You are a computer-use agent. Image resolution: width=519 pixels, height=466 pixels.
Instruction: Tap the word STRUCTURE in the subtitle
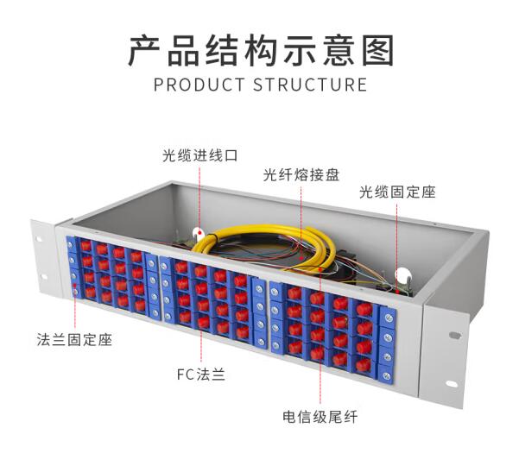coord(310,85)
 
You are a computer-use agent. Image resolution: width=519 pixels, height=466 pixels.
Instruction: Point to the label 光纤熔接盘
coord(301,174)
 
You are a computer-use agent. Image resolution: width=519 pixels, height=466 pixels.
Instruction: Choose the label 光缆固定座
coord(397,192)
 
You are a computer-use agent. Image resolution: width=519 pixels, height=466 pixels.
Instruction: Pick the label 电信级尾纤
coord(320,417)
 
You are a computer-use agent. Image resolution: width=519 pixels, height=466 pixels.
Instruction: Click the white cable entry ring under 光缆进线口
coord(198,233)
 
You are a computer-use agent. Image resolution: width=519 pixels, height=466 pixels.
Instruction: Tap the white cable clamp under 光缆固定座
coord(400,277)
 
